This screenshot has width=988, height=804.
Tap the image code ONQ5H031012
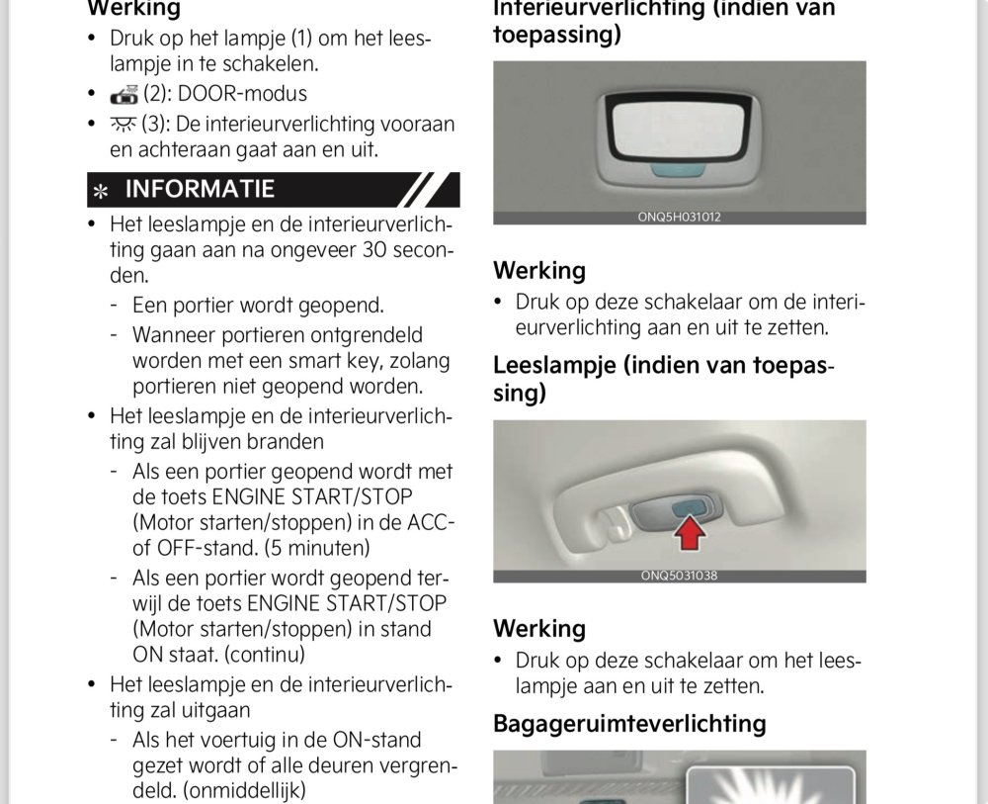pos(679,218)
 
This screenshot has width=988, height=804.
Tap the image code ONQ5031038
pos(679,576)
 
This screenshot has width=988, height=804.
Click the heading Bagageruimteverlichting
pos(629,723)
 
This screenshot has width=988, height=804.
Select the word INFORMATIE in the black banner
pos(200,189)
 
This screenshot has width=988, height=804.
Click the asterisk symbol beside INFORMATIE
pos(100,191)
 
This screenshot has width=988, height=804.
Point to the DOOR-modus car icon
pos(124,95)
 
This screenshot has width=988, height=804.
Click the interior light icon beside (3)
pos(124,125)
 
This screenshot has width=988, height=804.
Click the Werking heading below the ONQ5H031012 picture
pos(539,271)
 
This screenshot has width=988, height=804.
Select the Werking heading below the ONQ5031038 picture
pos(539,629)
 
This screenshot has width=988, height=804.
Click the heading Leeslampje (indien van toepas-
pos(663,366)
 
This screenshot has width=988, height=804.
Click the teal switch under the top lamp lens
pos(679,170)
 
